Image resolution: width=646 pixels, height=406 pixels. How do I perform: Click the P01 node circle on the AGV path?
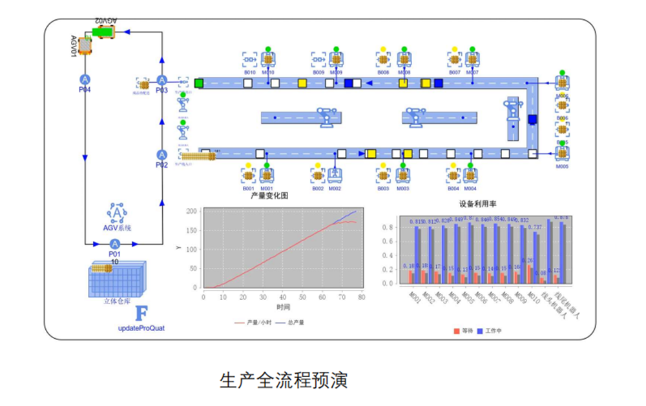tap(115, 243)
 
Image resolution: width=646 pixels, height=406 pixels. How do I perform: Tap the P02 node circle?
tap(161, 155)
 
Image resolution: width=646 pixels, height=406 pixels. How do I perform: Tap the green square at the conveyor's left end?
tap(199, 83)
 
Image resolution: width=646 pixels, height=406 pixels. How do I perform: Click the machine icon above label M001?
tap(267, 174)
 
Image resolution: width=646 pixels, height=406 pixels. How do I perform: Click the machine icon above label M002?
tap(335, 174)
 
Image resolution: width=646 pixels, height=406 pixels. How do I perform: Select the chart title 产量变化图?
tap(269, 195)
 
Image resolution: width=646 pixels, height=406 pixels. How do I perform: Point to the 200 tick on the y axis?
tap(191, 211)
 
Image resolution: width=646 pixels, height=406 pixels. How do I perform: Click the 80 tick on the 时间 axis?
tap(361, 296)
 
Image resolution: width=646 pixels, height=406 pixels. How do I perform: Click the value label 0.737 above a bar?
tap(535, 227)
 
